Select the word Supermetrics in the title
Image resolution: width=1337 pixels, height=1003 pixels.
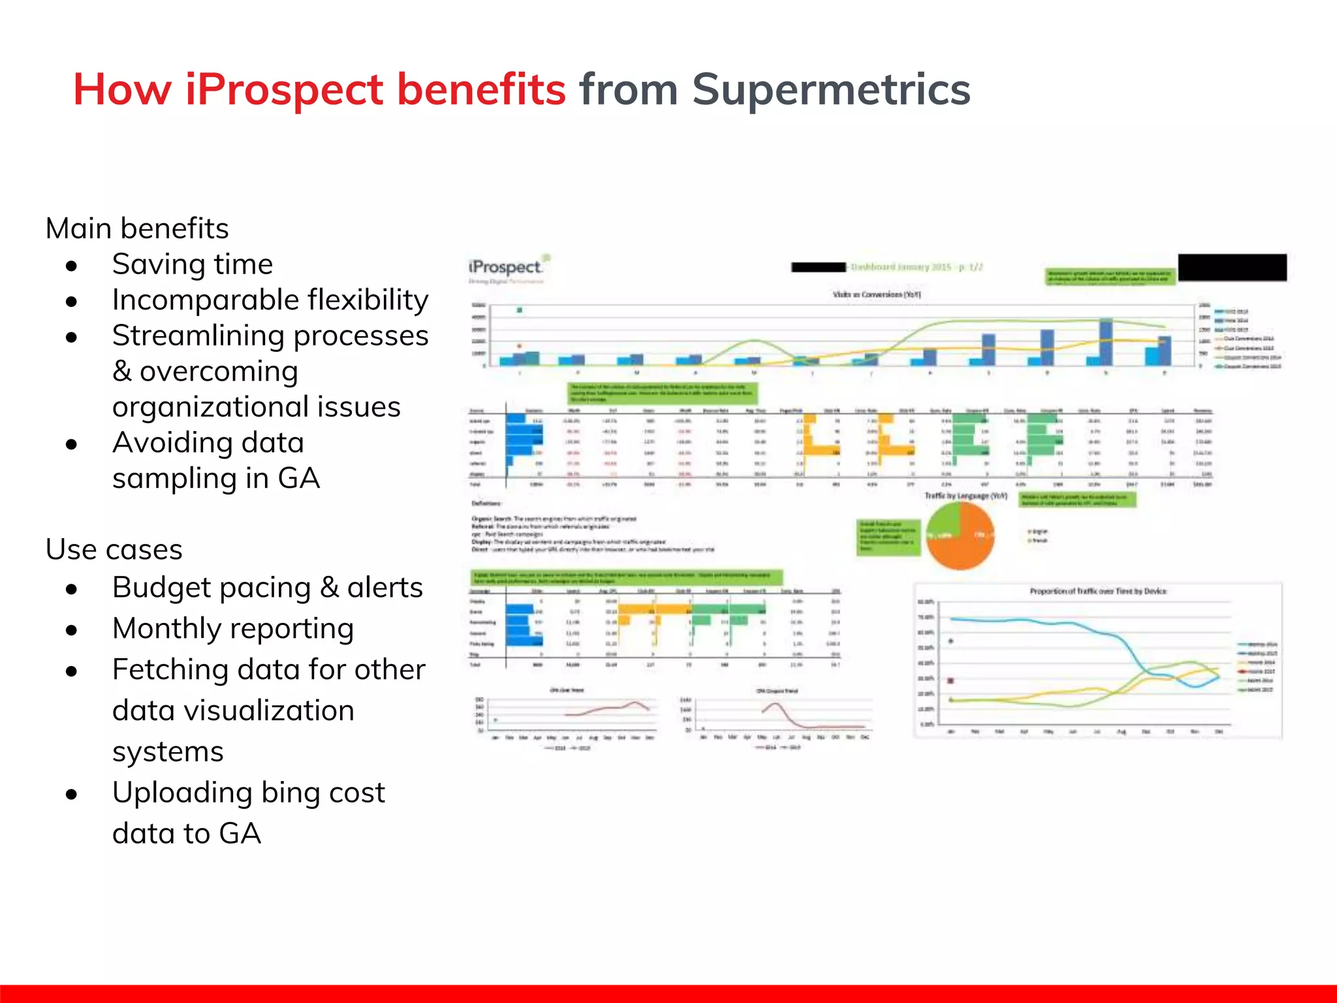(x=830, y=89)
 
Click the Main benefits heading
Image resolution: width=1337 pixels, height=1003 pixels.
(x=137, y=229)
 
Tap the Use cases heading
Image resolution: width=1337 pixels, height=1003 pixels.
(x=114, y=550)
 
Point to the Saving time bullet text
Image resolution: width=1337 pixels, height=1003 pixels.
(x=192, y=264)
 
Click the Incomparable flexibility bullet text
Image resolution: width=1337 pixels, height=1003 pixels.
(x=270, y=300)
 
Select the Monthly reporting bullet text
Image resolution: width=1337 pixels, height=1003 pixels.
(x=232, y=629)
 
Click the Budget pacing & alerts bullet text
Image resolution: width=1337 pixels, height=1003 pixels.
(x=267, y=588)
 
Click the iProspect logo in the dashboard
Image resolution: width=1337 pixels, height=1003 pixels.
(x=506, y=267)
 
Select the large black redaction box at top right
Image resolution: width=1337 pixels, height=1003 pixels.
(x=1232, y=268)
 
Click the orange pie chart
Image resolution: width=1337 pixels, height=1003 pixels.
(x=960, y=535)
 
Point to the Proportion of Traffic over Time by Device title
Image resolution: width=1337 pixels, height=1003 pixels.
(x=1097, y=591)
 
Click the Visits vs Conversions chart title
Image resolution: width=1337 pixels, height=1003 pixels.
(x=876, y=295)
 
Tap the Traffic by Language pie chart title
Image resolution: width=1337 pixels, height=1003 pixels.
(x=966, y=496)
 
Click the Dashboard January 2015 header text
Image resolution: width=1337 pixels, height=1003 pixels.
(x=916, y=267)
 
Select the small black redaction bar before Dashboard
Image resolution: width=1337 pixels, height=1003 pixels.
(x=818, y=267)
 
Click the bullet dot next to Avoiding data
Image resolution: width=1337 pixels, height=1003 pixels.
(x=72, y=445)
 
